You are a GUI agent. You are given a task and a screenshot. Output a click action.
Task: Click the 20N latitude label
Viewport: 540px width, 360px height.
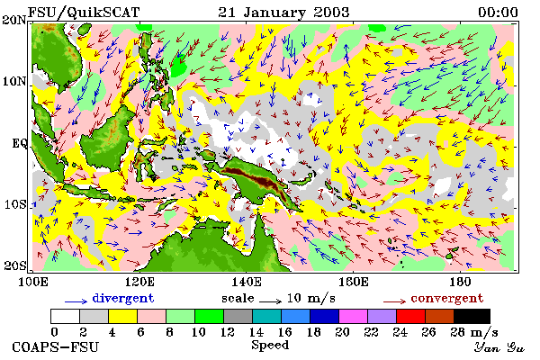click(x=14, y=19)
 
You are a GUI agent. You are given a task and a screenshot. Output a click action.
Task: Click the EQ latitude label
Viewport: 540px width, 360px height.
click(x=19, y=143)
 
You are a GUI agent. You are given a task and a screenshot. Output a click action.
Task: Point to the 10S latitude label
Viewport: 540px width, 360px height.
click(x=14, y=204)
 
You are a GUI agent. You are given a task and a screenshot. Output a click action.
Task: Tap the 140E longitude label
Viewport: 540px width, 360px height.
click(x=247, y=282)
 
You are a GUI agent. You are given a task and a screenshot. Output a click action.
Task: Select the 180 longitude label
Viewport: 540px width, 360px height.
click(x=460, y=282)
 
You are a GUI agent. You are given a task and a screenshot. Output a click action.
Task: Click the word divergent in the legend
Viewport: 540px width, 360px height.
click(x=123, y=298)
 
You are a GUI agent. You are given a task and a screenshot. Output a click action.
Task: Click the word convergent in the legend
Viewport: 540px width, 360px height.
click(x=447, y=298)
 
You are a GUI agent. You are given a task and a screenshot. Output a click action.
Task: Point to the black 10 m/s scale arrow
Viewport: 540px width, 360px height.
click(x=271, y=301)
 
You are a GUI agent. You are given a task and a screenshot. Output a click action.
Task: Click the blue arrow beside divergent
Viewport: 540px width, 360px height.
click(x=76, y=301)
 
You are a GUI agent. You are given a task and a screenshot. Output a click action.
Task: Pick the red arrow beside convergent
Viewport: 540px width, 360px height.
click(x=395, y=301)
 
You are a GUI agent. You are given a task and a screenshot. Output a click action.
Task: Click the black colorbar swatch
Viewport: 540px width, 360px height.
click(x=472, y=316)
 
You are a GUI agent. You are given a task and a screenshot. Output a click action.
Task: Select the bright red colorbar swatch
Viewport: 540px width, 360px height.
click(x=410, y=316)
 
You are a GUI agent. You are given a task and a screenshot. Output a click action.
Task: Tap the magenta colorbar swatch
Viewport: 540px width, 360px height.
click(x=354, y=316)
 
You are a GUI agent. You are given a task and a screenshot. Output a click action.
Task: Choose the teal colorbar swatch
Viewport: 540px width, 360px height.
click(x=267, y=316)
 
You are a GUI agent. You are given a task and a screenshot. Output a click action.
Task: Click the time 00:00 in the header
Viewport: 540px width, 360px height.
click(x=498, y=13)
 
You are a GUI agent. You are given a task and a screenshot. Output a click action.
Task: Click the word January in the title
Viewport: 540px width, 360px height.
click(x=274, y=13)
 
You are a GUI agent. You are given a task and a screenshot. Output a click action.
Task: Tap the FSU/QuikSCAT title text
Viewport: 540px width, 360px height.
click(x=84, y=13)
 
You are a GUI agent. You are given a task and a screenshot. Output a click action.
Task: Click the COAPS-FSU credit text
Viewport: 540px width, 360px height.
click(x=56, y=346)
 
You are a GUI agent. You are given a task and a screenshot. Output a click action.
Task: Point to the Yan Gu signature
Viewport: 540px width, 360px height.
click(x=499, y=347)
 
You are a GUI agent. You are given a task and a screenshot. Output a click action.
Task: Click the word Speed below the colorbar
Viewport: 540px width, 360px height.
click(x=270, y=346)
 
